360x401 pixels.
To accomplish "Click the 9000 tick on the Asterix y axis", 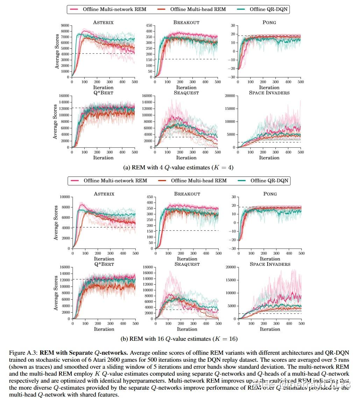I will click(x=64, y=26).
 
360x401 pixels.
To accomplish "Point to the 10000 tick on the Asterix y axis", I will click(x=63, y=197).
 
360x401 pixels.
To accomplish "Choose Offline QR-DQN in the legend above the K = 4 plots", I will click(x=269, y=9).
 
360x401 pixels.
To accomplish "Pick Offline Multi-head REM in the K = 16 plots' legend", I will click(x=199, y=181).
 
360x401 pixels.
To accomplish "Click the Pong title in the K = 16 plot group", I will click(x=270, y=194).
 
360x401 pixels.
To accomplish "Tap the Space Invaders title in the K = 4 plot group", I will click(x=270, y=92).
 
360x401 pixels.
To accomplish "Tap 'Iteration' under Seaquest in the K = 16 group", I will click(x=187, y=329).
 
